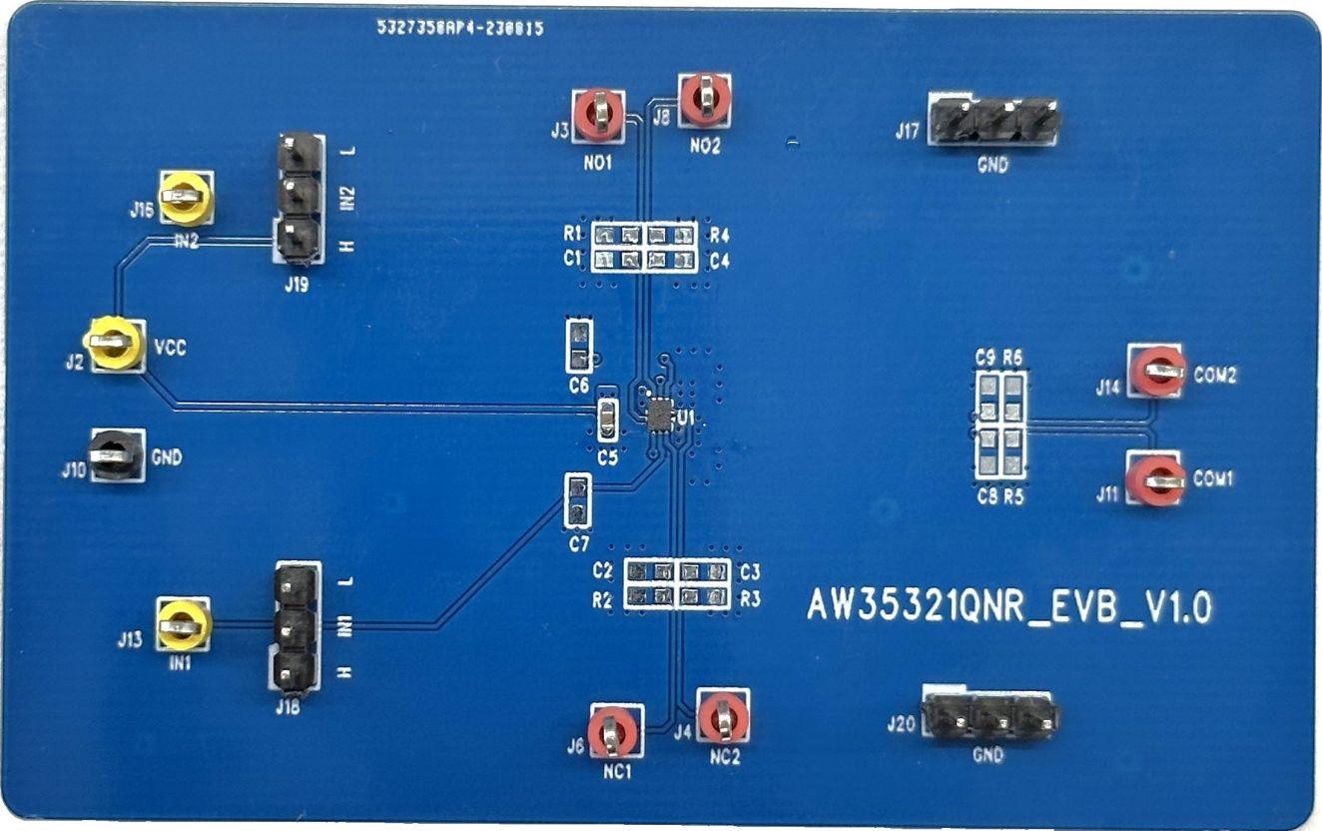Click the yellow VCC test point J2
pos(113,343)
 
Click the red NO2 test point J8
pos(705,99)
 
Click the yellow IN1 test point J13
pos(184,624)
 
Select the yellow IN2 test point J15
pos(186,197)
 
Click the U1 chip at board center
pos(660,414)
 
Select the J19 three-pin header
pos(299,197)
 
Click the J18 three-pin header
pos(296,627)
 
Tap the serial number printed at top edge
pos(459,30)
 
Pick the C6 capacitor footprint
pos(579,347)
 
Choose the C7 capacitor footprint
pos(577,501)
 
